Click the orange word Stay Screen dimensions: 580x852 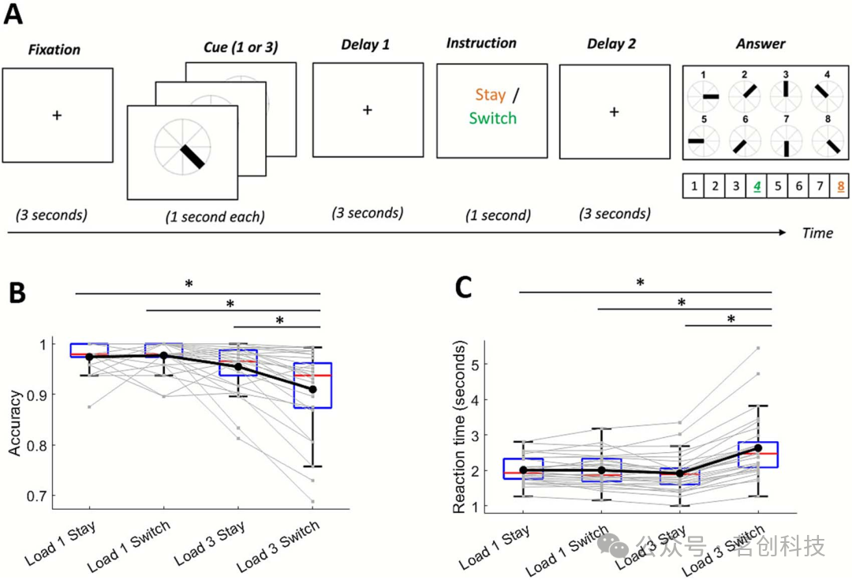490,95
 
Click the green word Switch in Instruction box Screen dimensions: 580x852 492,118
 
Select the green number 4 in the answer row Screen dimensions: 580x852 757,188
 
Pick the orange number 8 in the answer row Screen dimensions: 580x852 843,188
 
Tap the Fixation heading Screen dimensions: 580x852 54,50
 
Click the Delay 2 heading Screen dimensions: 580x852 611,44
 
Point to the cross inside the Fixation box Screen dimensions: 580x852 57,115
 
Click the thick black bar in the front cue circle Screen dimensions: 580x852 192,157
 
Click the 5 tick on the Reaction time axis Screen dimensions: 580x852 478,364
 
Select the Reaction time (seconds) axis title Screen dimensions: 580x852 460,427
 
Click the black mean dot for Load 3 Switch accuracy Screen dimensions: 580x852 313,389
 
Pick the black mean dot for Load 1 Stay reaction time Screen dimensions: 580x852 523,470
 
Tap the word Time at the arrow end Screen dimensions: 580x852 818,232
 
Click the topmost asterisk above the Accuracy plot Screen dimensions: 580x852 189,284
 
